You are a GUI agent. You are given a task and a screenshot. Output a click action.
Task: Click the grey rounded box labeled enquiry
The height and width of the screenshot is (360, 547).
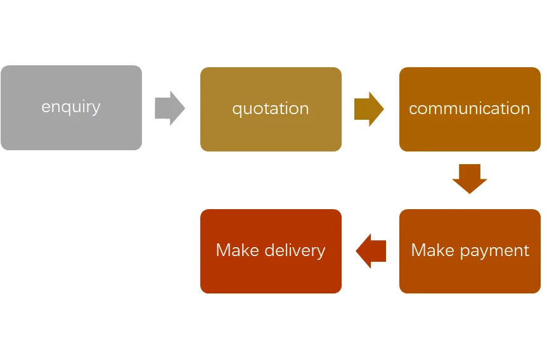tap(71, 108)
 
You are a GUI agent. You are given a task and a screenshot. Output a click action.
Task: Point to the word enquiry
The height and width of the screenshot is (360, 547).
tap(71, 107)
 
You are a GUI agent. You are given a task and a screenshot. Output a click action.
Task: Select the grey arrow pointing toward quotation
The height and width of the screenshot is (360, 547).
tap(170, 108)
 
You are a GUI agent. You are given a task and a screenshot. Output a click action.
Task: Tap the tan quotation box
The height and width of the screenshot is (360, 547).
tap(271, 109)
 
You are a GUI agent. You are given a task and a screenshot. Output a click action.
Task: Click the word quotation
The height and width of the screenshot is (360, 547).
tap(271, 109)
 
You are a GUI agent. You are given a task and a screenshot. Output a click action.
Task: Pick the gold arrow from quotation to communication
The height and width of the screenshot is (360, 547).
tap(369, 109)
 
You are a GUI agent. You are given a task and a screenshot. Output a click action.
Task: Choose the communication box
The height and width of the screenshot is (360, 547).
tap(470, 109)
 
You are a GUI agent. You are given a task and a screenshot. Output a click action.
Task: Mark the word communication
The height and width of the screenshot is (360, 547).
tap(470, 108)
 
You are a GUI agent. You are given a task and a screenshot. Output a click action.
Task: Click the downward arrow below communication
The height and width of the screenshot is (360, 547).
tap(470, 179)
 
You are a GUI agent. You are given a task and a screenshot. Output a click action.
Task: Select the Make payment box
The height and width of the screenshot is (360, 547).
tap(470, 251)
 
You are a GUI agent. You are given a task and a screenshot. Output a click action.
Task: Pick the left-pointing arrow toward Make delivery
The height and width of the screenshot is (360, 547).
tap(371, 251)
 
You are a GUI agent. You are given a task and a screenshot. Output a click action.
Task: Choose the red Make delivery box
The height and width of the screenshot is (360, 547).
tap(271, 251)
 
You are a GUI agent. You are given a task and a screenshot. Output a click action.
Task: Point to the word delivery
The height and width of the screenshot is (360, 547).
tap(295, 250)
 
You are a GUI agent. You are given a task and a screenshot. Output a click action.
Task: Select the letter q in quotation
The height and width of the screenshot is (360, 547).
tap(237, 110)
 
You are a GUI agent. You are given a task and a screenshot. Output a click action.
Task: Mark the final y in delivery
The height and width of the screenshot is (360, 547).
tap(321, 253)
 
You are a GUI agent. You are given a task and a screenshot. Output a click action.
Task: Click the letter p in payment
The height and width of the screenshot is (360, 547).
tap(465, 252)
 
